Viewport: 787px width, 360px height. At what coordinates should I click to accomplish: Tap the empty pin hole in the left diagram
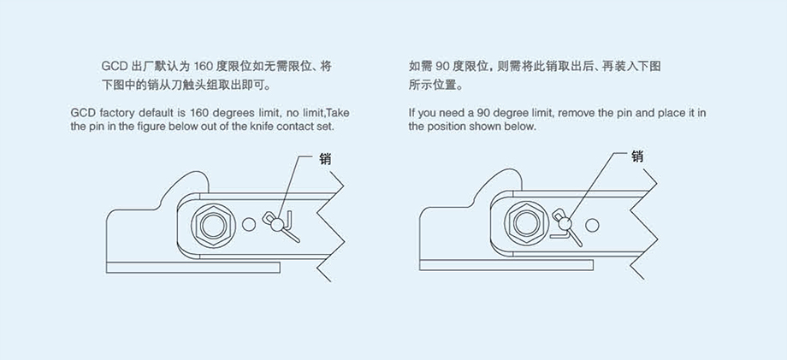pyautogui.click(x=249, y=224)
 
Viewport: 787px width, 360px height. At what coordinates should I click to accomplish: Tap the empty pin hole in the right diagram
pyautogui.click(x=592, y=225)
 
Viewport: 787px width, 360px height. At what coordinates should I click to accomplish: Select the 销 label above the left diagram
pyautogui.click(x=325, y=159)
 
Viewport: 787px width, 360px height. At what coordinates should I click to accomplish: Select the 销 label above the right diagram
pyautogui.click(x=637, y=157)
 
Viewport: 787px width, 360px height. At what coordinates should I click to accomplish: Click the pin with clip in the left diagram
pyautogui.click(x=277, y=225)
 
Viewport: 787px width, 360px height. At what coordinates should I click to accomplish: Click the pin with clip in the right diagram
pyautogui.click(x=565, y=224)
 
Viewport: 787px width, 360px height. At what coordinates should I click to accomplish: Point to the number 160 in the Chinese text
pyautogui.click(x=204, y=66)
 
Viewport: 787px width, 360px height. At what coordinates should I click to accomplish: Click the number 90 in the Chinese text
pyautogui.click(x=442, y=66)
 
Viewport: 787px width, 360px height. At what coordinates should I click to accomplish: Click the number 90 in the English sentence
pyautogui.click(x=482, y=113)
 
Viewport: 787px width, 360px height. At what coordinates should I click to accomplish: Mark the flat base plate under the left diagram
pyautogui.click(x=193, y=268)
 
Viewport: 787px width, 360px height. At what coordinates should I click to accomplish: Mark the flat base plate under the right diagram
pyautogui.click(x=506, y=265)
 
